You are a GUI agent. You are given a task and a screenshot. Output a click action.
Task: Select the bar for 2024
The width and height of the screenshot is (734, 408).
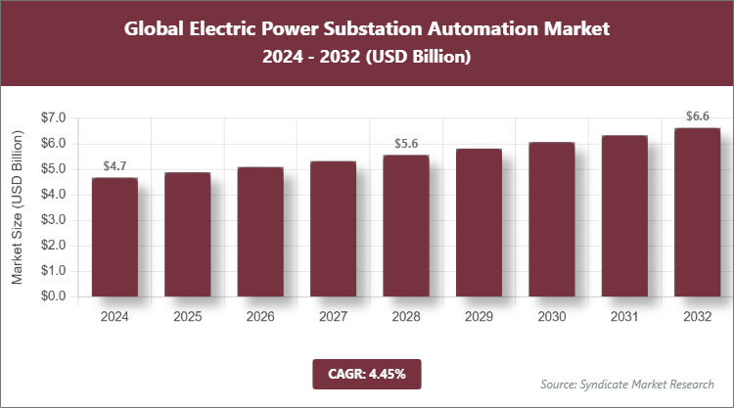[115, 237]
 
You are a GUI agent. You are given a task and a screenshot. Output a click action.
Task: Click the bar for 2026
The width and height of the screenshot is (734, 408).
[260, 232]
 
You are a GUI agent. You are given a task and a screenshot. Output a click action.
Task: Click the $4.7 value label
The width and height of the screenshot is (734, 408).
[115, 166]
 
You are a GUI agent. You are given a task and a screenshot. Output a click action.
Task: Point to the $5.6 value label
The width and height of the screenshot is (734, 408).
[405, 144]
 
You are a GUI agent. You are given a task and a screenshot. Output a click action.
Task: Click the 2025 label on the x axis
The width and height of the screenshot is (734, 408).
[187, 317]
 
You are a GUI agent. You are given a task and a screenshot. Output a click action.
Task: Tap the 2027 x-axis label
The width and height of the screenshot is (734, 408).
[333, 317]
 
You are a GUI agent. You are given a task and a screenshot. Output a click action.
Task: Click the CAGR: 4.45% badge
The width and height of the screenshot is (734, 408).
[366, 373]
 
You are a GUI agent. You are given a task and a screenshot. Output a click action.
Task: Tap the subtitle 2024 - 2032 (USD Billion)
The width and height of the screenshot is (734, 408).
[366, 58]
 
